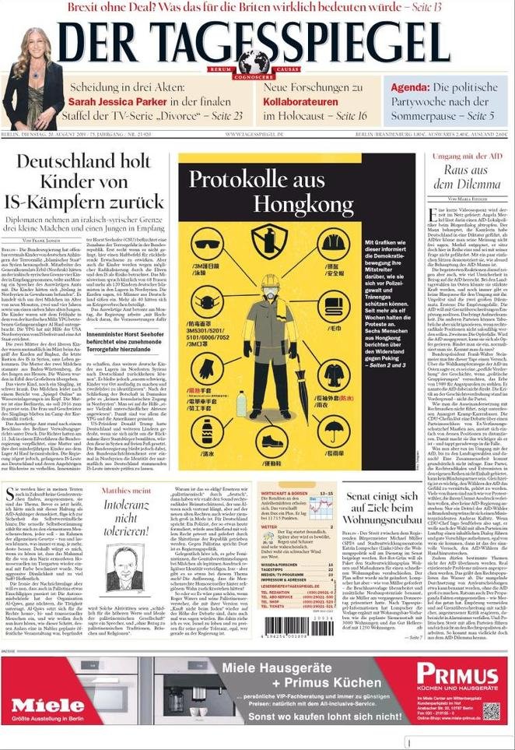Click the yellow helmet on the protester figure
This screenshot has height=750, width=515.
click(x=269, y=283)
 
